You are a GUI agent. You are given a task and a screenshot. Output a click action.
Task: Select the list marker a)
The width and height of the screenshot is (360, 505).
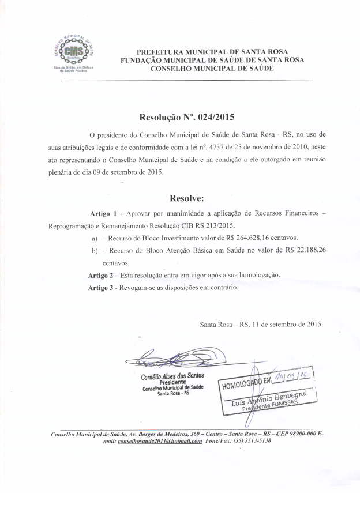[95, 238]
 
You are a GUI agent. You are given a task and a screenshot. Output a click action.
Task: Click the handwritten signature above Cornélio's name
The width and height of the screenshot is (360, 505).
[167, 360]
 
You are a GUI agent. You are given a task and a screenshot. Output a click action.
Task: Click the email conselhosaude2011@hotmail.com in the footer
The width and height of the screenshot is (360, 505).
[159, 441]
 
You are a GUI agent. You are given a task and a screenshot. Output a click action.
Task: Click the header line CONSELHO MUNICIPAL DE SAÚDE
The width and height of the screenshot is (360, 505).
[212, 69]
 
